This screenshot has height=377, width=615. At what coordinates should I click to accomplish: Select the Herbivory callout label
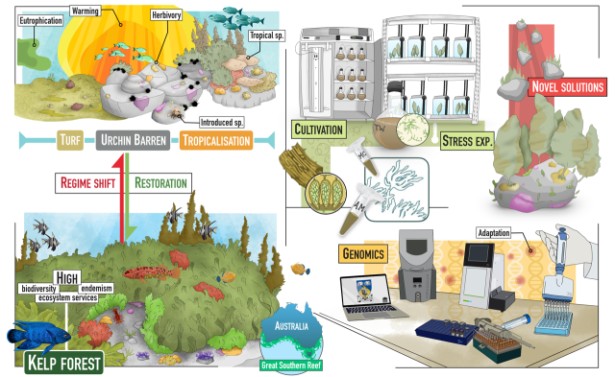click(x=167, y=16)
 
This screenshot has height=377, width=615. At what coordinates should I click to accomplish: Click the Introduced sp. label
click(x=222, y=122)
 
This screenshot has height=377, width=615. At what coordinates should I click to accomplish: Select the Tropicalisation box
click(x=214, y=142)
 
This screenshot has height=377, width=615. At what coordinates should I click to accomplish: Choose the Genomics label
click(x=361, y=253)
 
